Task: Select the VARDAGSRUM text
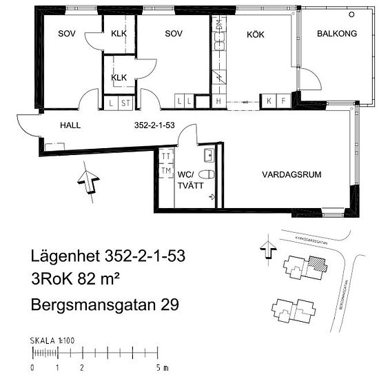click(x=291, y=175)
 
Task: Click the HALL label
click(x=70, y=126)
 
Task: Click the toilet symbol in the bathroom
click(x=210, y=174)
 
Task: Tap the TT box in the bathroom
click(x=165, y=156)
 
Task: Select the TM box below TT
click(x=165, y=170)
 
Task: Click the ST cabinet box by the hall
click(x=125, y=103)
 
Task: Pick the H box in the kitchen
click(x=218, y=103)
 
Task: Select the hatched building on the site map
click(x=316, y=263)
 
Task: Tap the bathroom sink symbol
click(x=208, y=153)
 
